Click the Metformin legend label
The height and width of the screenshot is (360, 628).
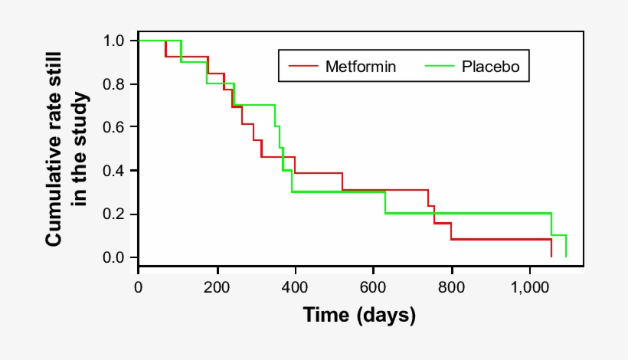coord(361,67)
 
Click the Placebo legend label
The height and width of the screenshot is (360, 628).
coord(490,67)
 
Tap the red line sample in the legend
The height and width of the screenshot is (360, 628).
coord(303,67)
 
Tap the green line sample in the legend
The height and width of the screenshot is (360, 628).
coord(440,67)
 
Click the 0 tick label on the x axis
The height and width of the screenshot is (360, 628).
coord(139,287)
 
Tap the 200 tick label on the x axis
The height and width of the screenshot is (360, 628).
coord(217,287)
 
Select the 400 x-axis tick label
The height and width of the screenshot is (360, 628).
coord(295,287)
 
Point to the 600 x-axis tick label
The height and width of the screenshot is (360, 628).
coord(373,287)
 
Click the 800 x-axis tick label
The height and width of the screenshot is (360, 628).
coord(451,287)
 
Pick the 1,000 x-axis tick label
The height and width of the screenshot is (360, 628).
coord(529,287)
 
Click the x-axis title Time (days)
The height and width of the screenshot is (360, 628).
coord(359,315)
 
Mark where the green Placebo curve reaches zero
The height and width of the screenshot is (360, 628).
coord(565,257)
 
